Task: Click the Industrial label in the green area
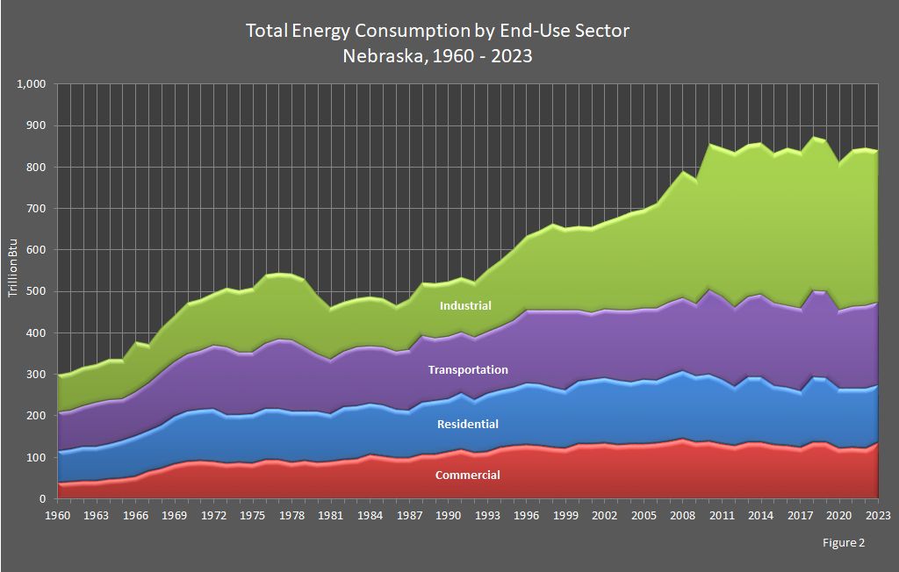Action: pyautogui.click(x=465, y=306)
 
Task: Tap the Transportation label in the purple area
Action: pyautogui.click(x=467, y=370)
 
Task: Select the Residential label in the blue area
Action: pyautogui.click(x=467, y=425)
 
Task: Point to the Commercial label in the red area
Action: pyautogui.click(x=467, y=475)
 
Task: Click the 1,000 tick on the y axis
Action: pyautogui.click(x=31, y=84)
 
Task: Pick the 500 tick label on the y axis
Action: pyautogui.click(x=36, y=291)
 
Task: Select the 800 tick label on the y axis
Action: pyautogui.click(x=36, y=167)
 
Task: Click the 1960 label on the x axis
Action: pyautogui.click(x=57, y=514)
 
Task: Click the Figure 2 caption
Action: pyautogui.click(x=843, y=543)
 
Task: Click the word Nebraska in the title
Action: pyautogui.click(x=379, y=55)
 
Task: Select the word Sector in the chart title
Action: pyautogui.click(x=600, y=31)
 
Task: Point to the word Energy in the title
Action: pyautogui.click(x=320, y=31)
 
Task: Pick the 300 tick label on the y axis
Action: pyautogui.click(x=36, y=375)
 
